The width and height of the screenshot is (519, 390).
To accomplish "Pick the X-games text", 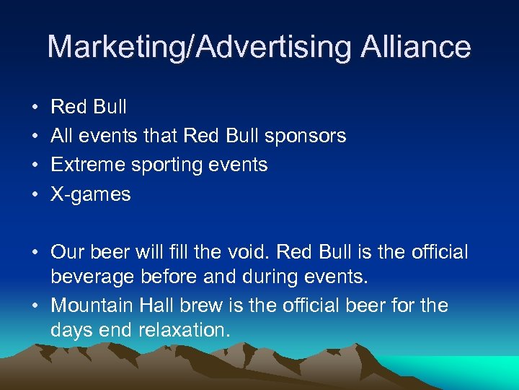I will (91, 194).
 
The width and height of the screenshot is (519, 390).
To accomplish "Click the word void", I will (249, 252).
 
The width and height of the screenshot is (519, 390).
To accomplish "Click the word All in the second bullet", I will (62, 136).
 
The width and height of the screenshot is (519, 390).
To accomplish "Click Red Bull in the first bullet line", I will (89, 107).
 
